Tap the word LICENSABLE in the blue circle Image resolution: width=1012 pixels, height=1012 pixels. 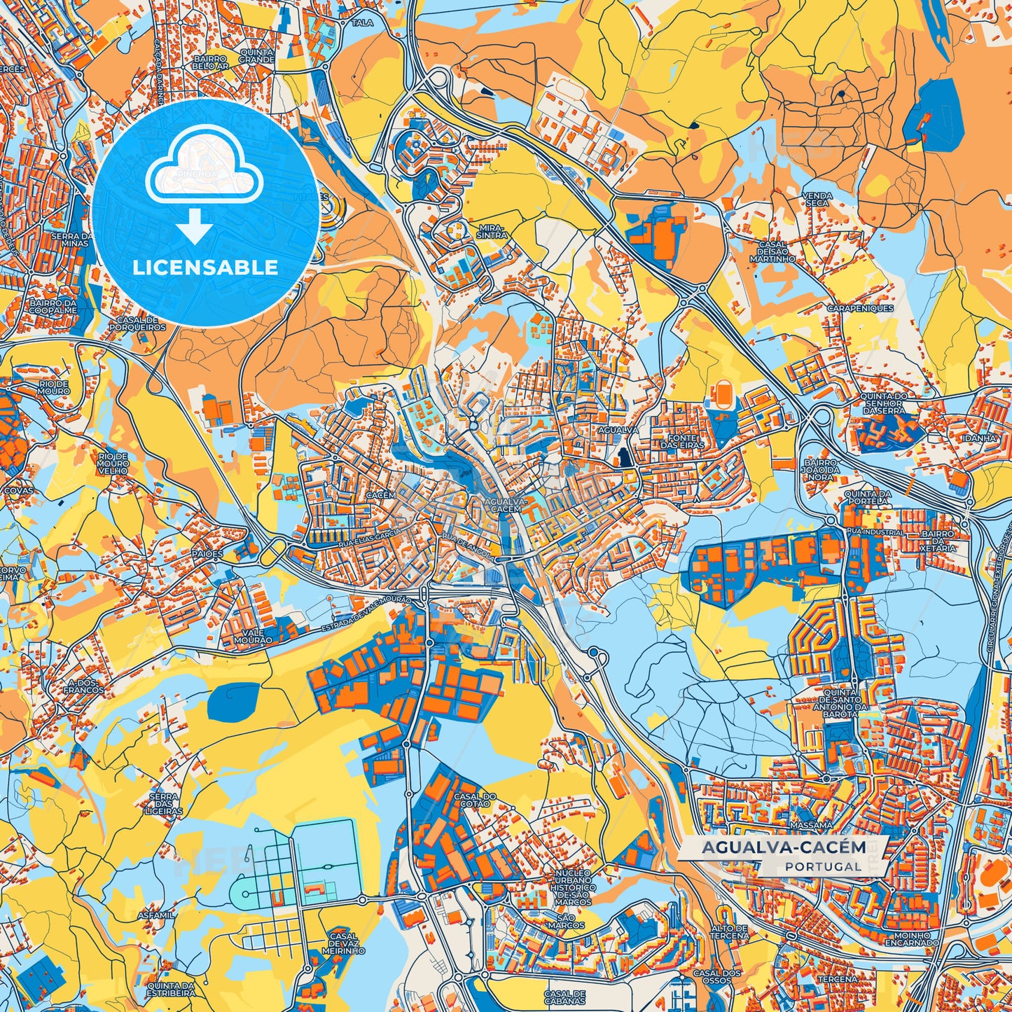(x=205, y=268)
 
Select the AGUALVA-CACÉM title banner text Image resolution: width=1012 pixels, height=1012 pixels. (x=784, y=847)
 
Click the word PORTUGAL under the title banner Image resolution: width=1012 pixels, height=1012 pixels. (x=823, y=866)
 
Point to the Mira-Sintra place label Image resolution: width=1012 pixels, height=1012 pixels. (x=492, y=232)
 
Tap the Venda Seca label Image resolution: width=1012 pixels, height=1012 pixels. (x=817, y=200)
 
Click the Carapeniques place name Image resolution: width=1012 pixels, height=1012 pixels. (x=860, y=308)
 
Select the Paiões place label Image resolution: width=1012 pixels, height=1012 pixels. (x=207, y=553)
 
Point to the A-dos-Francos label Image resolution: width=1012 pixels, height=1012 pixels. (x=83, y=685)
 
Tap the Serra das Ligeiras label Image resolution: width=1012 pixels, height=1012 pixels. (x=165, y=804)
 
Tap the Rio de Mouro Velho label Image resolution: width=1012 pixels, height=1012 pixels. (x=113, y=463)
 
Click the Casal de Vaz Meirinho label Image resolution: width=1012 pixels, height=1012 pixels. (x=343, y=943)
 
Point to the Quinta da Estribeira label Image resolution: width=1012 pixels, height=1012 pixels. (x=171, y=989)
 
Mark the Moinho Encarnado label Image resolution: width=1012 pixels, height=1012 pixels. (x=912, y=939)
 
